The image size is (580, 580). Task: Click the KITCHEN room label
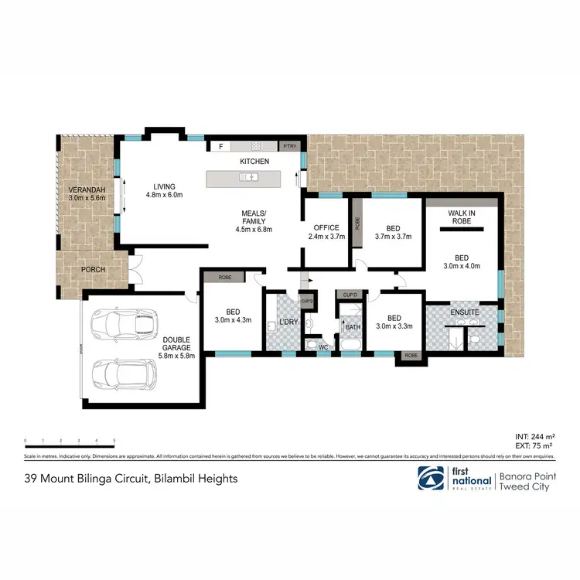pos(254,161)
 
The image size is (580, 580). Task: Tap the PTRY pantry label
pos(289,145)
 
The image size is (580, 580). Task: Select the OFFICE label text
pos(326,227)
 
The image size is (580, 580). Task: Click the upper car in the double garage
pos(125,322)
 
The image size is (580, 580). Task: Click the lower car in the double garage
pos(124,374)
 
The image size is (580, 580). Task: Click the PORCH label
pos(88,269)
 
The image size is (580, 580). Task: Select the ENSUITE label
pos(464,312)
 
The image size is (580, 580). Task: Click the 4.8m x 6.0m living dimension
pos(164,196)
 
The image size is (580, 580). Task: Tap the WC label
pos(323,347)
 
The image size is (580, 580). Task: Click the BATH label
pos(353,327)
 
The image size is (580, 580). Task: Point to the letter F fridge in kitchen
pos(221,145)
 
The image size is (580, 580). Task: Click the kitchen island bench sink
pos(248,178)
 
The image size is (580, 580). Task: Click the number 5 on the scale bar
pos(114,440)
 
